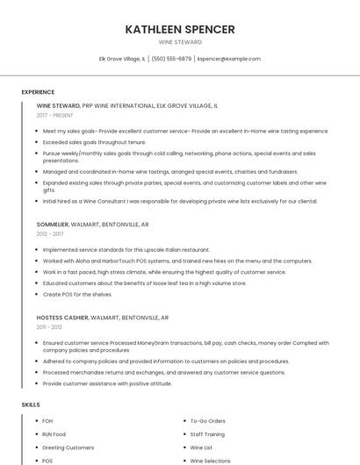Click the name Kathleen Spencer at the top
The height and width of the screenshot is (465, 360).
(x=180, y=29)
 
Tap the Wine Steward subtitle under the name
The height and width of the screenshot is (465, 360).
(x=180, y=42)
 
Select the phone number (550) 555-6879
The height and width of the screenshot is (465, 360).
(x=171, y=59)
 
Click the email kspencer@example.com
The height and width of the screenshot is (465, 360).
(x=229, y=59)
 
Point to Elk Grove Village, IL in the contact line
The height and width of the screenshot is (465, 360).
(x=122, y=59)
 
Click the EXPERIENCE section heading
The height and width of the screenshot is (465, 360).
(x=38, y=91)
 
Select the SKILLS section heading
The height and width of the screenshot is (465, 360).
(x=30, y=404)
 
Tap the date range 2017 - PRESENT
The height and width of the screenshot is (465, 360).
(x=55, y=115)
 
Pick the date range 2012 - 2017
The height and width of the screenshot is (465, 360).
(x=50, y=234)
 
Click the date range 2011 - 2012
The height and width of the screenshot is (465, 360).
(x=49, y=326)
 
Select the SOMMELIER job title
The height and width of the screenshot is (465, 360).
(x=54, y=225)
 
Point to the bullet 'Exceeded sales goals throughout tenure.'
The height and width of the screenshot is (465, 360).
(x=94, y=141)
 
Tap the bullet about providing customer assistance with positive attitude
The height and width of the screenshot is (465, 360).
(x=107, y=383)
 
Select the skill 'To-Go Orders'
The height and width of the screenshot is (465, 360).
(x=208, y=421)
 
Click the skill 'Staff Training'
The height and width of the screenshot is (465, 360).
(x=207, y=434)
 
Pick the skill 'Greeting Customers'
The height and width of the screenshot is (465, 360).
(x=68, y=447)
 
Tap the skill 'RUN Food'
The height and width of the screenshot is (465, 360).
(x=54, y=434)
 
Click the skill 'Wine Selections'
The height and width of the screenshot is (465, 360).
(x=211, y=461)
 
